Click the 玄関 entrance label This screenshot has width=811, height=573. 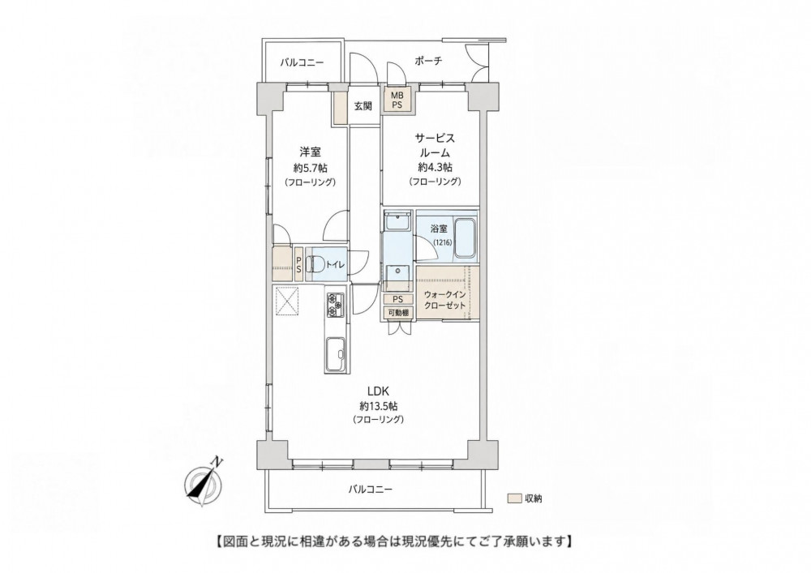363,107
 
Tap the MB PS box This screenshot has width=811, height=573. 397,100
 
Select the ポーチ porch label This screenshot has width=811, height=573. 428,61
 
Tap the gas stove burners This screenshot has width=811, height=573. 335,305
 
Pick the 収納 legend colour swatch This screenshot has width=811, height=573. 514,499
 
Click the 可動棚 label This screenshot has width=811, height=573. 398,313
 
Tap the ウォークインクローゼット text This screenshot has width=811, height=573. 444,300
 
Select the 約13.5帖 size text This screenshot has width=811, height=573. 378,405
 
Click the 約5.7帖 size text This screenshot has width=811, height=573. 311,168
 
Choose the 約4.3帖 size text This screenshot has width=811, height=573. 435,167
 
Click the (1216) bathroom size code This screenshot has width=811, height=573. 442,242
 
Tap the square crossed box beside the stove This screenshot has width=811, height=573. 287,300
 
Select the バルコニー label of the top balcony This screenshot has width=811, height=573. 302,63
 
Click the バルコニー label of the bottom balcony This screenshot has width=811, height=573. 370,489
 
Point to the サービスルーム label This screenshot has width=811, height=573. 435,145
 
